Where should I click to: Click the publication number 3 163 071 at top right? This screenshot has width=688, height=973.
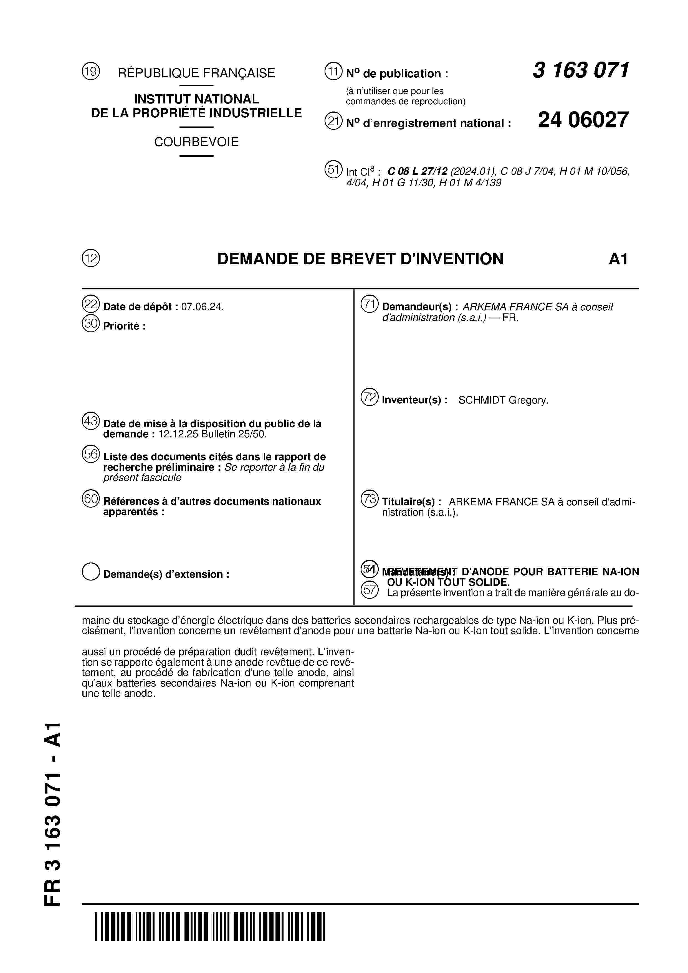coord(581,70)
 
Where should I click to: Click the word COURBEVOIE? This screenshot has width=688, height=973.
coord(196,142)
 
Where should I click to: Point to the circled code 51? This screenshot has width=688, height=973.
coord(333,169)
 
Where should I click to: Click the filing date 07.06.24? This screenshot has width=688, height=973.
coord(202,307)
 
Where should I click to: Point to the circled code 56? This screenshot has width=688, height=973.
coord(90,454)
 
